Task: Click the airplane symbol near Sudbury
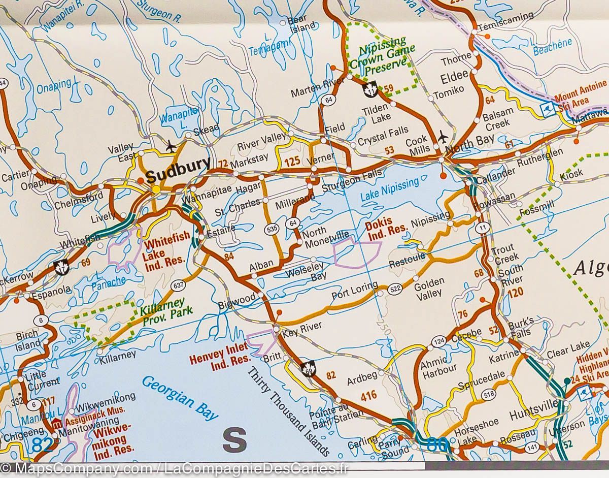(171, 145)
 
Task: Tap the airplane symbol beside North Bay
(443, 137)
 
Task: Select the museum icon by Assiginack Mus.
(56, 423)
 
